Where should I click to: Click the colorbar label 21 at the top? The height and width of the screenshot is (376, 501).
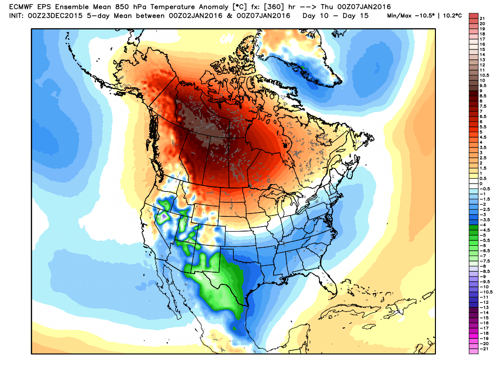coord(482,18)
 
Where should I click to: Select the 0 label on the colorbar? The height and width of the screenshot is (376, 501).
coord(480,184)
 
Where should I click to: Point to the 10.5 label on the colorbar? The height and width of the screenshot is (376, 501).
coord(483,75)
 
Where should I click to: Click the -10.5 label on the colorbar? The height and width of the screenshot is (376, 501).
coord(485,292)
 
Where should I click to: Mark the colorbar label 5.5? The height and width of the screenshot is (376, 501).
coord(483,127)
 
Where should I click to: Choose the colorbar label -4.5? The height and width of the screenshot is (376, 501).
coord(484,230)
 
